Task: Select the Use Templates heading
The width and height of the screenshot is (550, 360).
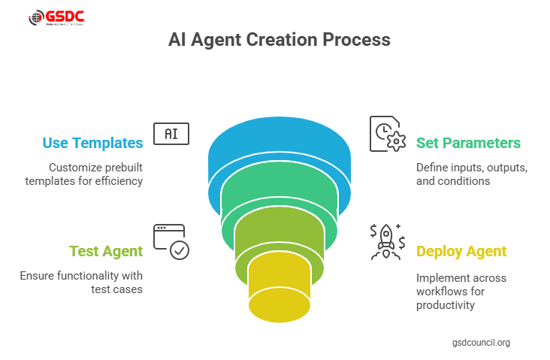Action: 92,143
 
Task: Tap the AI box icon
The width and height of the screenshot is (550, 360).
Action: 171,134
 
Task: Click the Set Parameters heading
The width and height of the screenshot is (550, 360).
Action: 468,143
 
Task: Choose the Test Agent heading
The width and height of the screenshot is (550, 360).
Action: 106,251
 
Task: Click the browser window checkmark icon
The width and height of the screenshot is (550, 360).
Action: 171,241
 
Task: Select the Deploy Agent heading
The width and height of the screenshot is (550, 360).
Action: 461,251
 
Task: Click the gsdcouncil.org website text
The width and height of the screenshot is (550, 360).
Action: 481,343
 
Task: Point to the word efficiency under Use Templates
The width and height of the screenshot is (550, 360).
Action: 116,181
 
